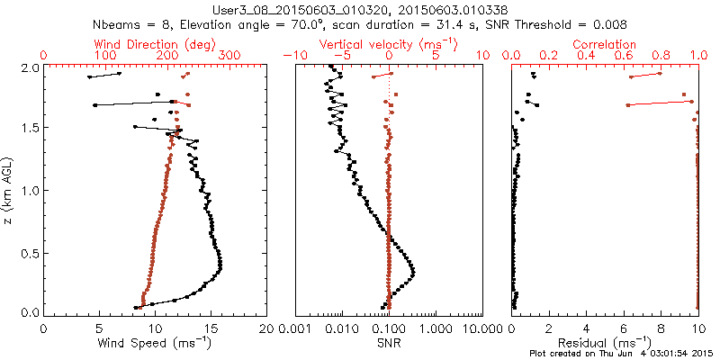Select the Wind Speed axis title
pos(155,343)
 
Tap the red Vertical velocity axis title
pos(387,44)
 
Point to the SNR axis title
pos(388,343)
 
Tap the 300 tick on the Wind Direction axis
pos(229,56)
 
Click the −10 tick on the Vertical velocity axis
pos(293,56)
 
